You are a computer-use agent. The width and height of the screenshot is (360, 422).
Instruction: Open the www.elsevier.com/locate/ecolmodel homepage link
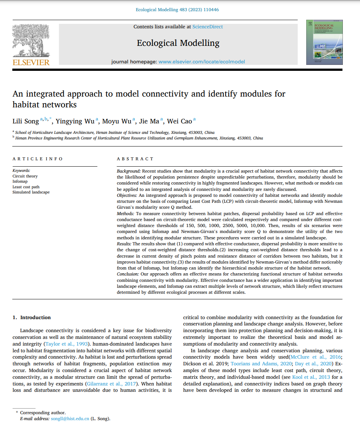pos(202,62)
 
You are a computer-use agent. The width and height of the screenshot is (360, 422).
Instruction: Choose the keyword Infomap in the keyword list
pos(20,182)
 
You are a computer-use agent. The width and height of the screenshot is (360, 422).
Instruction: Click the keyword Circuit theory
pos(25,176)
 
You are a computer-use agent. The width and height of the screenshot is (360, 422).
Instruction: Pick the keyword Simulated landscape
pos(31,192)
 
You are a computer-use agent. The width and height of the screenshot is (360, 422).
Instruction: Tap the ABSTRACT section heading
pos(135,159)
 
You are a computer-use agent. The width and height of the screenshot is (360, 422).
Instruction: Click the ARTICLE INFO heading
pos(38,159)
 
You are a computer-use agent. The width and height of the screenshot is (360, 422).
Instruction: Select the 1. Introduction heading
pos(32,318)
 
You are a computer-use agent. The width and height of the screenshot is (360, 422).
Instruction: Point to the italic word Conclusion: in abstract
pos(127,274)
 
